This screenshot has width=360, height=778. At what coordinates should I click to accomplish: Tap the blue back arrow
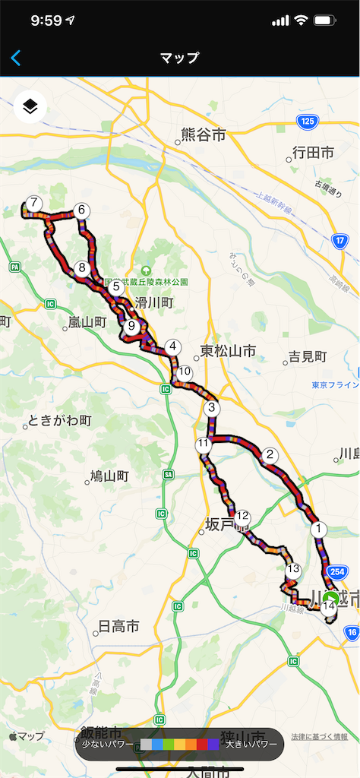[16, 58]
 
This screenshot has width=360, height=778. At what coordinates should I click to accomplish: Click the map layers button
[30, 107]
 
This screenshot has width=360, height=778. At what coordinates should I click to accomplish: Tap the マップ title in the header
[180, 58]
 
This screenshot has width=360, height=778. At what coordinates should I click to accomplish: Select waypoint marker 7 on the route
[33, 204]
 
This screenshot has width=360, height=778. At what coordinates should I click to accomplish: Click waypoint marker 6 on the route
[81, 211]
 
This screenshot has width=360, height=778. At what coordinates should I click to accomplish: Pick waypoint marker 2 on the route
[269, 456]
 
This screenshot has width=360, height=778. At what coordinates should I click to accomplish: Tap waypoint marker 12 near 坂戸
[243, 517]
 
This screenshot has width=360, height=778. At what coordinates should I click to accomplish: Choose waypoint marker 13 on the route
[293, 569]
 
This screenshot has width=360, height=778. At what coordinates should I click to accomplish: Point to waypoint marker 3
[212, 409]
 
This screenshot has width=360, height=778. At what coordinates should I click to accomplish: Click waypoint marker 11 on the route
[203, 444]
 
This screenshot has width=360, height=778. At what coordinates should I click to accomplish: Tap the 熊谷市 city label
[203, 135]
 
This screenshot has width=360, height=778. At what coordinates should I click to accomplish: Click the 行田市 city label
[314, 153]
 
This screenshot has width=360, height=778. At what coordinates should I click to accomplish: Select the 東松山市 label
[228, 351]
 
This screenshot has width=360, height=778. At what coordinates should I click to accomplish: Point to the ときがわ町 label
[59, 420]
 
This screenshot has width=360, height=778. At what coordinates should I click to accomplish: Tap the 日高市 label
[119, 627]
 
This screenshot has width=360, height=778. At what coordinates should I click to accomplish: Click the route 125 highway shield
[307, 122]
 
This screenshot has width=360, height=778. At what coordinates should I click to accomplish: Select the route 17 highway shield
[339, 241]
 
